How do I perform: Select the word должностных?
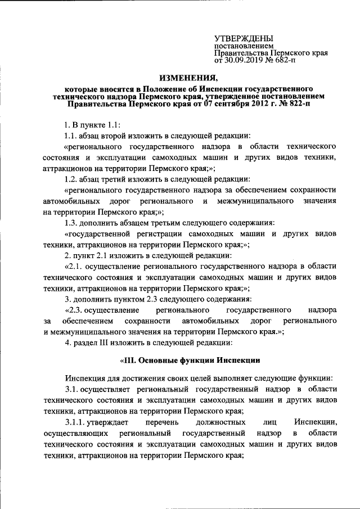coord(219,421)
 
